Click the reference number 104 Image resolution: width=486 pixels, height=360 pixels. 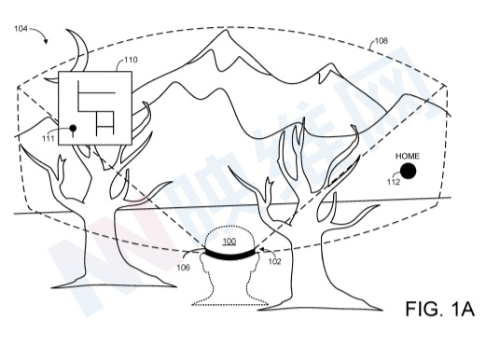(21, 29)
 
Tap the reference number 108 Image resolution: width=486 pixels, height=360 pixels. (382, 41)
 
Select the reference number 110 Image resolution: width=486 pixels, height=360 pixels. (131, 60)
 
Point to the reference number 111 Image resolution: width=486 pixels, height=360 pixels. (49, 138)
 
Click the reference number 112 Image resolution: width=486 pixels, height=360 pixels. (394, 182)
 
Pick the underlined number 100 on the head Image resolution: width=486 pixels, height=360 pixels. (229, 242)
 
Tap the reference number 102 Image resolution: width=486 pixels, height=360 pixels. (274, 261)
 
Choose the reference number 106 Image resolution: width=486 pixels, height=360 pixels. (184, 268)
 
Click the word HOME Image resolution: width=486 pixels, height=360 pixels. (408, 156)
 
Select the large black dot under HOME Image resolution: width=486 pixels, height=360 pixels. (409, 171)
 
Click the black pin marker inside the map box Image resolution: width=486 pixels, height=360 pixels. (73, 129)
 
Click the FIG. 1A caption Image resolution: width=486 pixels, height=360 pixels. (440, 309)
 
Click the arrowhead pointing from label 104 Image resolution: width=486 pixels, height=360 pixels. (46, 41)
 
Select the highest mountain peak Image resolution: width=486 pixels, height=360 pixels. (226, 30)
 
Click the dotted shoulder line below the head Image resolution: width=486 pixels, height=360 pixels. (230, 305)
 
